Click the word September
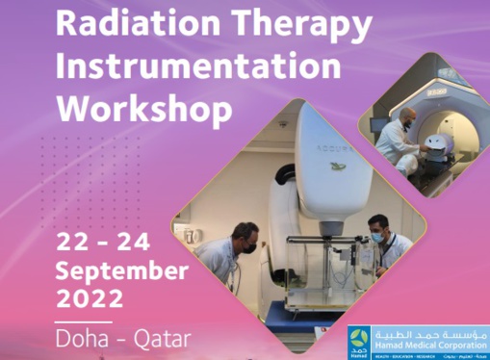coord(120,269)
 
